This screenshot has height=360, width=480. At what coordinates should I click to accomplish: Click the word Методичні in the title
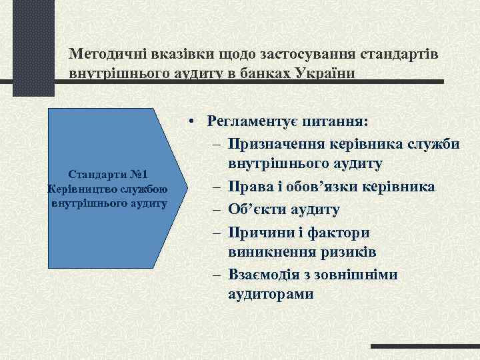pyautogui.click(x=103, y=53)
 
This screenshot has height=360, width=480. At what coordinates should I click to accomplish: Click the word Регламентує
pyautogui.click(x=252, y=121)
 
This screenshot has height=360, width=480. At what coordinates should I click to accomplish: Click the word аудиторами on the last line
pyautogui.click(x=270, y=294)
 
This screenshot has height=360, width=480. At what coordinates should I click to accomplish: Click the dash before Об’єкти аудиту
pyautogui.click(x=218, y=210)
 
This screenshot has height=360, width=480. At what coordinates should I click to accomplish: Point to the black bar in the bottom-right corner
pyautogui.click(x=425, y=347)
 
